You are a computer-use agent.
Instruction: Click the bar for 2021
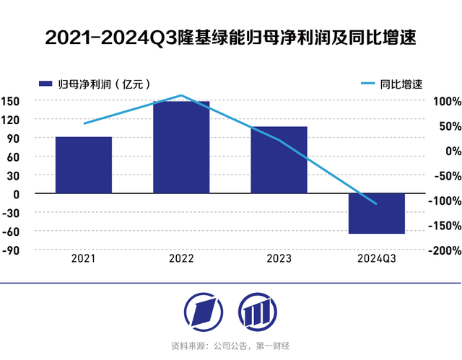(84, 164)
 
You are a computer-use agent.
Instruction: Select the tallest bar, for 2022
(181, 147)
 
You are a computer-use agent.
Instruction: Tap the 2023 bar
(279, 160)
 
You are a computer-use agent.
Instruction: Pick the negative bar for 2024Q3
(377, 214)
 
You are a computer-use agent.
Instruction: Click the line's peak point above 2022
(181, 95)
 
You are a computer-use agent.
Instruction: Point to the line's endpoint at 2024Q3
(376, 204)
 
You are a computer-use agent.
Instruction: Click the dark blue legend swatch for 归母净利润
(45, 84)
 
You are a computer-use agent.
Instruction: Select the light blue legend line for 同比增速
(368, 83)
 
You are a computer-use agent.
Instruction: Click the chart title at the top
(231, 38)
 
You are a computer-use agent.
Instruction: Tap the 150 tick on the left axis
(10, 101)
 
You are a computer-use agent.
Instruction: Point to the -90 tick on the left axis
(11, 250)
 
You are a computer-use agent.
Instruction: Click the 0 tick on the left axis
(16, 194)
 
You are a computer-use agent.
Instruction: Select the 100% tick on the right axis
(448, 102)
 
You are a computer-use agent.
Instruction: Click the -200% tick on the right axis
(445, 250)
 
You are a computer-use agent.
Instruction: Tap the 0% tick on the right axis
(453, 152)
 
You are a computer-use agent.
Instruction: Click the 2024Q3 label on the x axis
(377, 258)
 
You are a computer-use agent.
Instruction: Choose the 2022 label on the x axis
(181, 258)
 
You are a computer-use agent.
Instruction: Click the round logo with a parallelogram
(204, 312)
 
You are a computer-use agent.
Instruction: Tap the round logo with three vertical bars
(258, 312)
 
